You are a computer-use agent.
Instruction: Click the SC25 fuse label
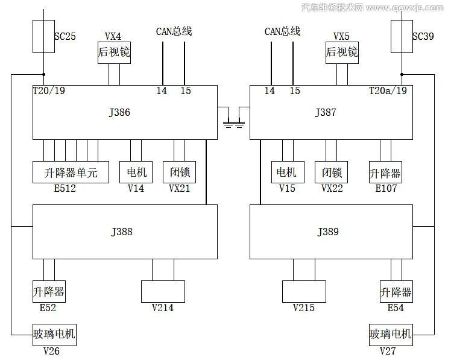pos(65,36)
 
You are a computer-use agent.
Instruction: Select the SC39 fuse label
pos(423,36)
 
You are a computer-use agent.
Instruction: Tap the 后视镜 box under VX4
pos(114,52)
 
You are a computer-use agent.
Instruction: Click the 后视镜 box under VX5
pos(342,52)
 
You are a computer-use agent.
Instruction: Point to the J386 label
pos(121,112)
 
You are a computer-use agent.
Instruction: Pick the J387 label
pos(326,112)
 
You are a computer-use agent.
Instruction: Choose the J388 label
pos(122,232)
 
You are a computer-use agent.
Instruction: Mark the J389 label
pos(328,232)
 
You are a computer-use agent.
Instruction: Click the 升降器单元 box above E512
pos(71,173)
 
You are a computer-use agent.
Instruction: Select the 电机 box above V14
pos(136,173)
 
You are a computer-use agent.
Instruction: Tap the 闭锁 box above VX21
pos(179,173)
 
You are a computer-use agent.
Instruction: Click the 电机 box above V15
pos(287,173)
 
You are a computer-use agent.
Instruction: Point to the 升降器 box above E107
pos(385,173)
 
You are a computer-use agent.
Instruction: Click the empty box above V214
pos(163,291)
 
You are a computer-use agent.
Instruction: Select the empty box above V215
pos(304,291)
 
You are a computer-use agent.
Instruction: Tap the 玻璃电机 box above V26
pos(54,334)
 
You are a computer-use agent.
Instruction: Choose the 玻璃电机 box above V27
pos(391,334)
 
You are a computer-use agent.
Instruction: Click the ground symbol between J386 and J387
pos(233,124)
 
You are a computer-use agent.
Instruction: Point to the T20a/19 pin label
pos(388,91)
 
